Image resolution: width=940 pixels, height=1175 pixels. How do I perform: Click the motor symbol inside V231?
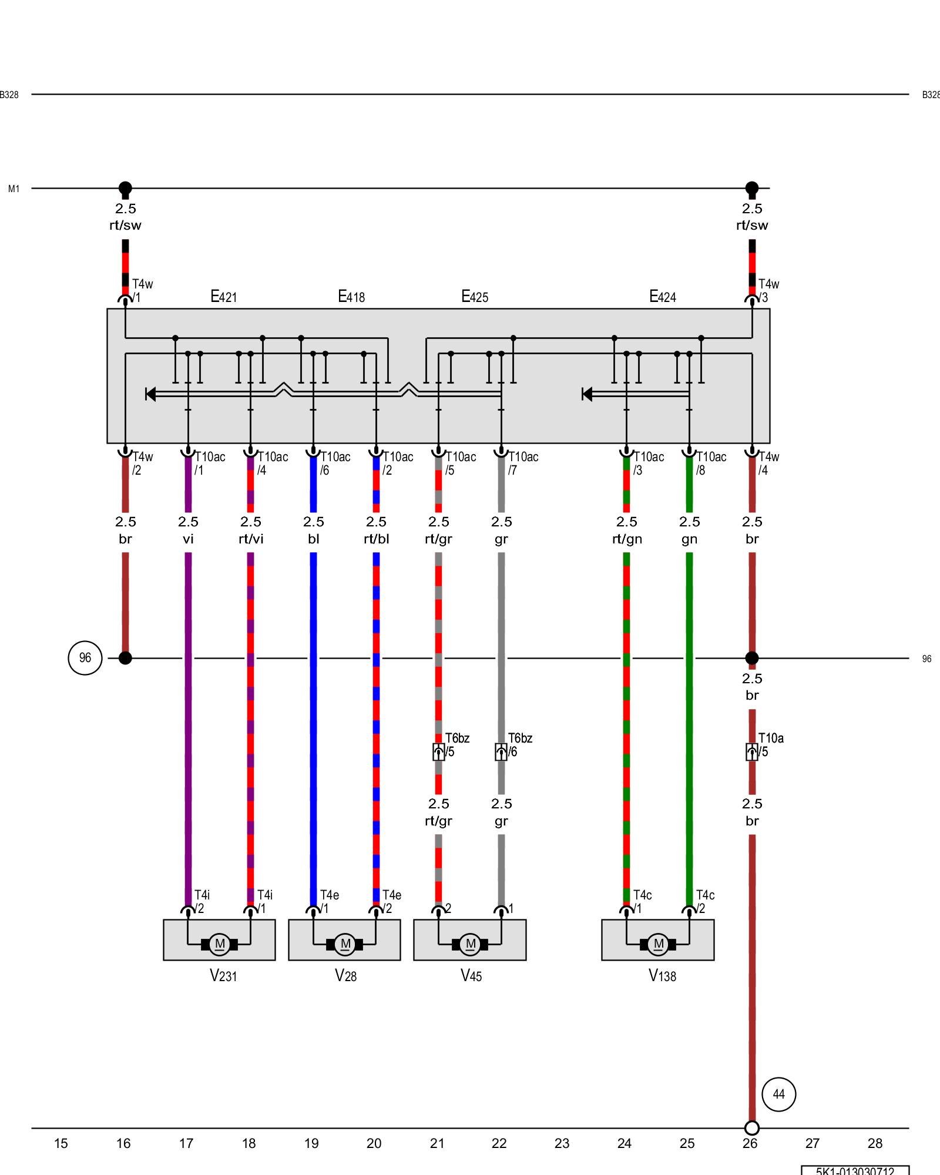[x=219, y=945]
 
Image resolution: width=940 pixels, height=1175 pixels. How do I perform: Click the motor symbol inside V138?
[x=658, y=945]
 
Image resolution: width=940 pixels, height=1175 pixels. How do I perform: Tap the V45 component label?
[x=471, y=976]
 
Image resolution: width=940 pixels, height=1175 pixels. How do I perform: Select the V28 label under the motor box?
[x=345, y=976]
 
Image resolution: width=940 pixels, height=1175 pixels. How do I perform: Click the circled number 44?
[x=778, y=1094]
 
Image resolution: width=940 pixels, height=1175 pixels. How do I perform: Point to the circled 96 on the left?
[x=85, y=658]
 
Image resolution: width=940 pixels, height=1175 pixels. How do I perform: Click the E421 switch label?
[x=223, y=297]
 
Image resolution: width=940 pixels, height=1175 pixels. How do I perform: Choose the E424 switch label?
[x=662, y=297]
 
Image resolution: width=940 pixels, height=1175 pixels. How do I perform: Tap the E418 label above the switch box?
[x=351, y=297]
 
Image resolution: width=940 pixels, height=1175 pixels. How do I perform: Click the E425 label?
[x=475, y=297]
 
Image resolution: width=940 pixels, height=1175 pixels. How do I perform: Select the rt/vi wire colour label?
[x=251, y=539]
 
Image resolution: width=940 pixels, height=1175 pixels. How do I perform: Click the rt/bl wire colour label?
[x=376, y=539]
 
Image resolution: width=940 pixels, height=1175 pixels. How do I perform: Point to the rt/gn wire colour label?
[x=627, y=539]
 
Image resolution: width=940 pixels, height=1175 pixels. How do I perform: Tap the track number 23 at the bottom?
[x=562, y=1143]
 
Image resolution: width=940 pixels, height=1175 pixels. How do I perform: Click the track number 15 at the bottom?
[x=61, y=1143]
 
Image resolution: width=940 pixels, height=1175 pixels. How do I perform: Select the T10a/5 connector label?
[x=770, y=744]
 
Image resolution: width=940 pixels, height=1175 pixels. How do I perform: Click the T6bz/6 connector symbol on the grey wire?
[x=501, y=752]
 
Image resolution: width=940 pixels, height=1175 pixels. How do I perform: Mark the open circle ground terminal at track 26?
[x=751, y=1128]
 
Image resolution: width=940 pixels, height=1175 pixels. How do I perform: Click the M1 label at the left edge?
[x=14, y=189]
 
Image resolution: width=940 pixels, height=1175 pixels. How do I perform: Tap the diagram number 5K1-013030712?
[x=855, y=1170]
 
